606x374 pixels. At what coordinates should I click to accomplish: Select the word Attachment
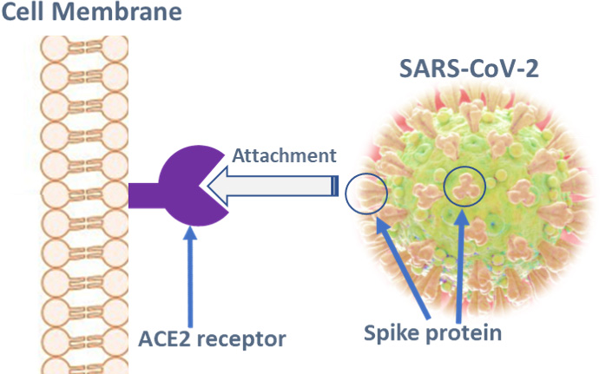click(283, 155)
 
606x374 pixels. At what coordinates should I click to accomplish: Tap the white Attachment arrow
click(278, 185)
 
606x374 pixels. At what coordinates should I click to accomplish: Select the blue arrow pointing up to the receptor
click(190, 278)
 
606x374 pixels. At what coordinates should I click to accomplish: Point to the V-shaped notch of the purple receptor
click(214, 187)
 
